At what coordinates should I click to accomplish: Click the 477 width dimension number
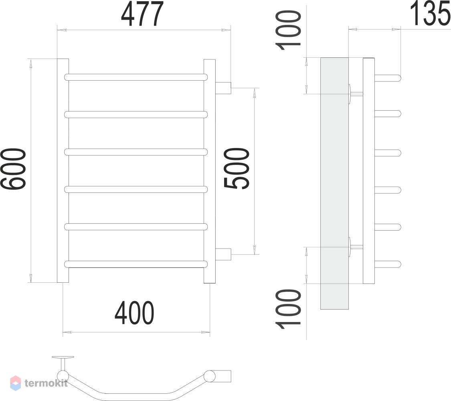142,14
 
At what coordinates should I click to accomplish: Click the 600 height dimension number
13,169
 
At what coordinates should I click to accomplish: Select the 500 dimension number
237,168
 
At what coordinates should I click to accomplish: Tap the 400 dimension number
134,313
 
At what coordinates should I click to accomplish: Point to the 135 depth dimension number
430,13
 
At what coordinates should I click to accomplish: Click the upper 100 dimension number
288,30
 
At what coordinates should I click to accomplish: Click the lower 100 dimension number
288,309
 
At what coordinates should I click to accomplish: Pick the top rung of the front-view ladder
136,77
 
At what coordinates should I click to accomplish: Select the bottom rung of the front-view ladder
136,264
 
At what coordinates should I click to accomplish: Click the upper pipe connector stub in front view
223,88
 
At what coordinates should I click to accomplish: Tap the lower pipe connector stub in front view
223,254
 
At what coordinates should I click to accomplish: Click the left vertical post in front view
63,170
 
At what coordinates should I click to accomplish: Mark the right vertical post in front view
209,171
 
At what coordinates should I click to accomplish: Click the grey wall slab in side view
334,184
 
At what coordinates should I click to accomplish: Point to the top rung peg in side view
387,78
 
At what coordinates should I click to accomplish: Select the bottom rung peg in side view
387,264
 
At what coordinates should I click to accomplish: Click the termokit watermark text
46,383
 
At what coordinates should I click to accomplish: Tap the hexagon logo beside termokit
16,383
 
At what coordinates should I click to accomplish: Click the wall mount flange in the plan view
63,358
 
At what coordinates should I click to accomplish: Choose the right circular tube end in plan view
209,376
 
